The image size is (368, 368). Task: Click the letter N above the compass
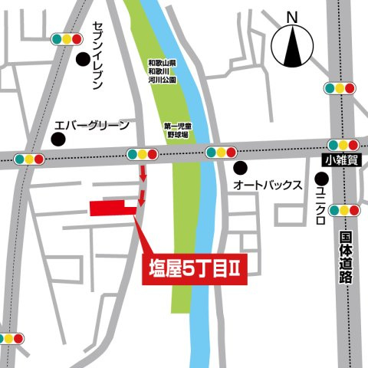click(x=292, y=17)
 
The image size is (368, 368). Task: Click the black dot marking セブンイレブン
click(x=82, y=58)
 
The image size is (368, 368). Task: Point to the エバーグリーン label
click(x=90, y=125)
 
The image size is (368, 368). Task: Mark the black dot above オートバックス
click(x=241, y=166)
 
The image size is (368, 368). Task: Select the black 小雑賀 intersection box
click(x=339, y=159)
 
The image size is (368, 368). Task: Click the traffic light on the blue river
click(x=219, y=153)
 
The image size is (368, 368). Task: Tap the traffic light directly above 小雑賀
click(x=341, y=145)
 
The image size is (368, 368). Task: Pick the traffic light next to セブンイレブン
click(x=65, y=38)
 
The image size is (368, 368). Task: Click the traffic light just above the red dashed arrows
click(x=142, y=153)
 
